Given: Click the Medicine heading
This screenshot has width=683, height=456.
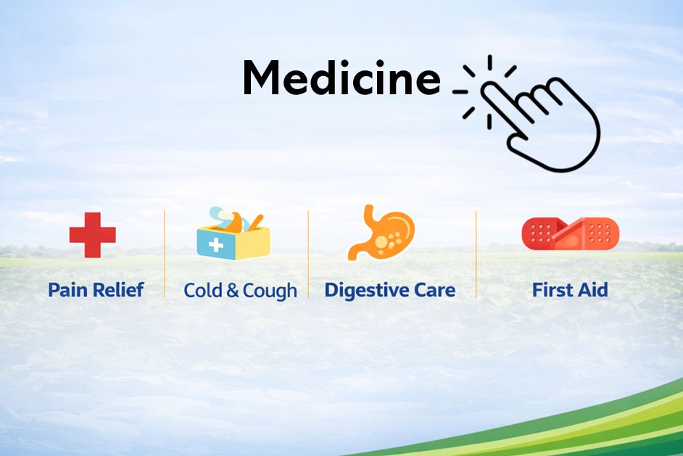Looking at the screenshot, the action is [342, 78].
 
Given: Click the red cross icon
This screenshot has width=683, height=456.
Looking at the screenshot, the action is [92, 235].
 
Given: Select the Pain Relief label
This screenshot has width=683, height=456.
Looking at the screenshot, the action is [96, 290].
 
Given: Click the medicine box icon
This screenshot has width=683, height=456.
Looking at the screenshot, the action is [233, 233].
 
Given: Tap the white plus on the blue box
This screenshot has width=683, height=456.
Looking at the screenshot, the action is [215, 245].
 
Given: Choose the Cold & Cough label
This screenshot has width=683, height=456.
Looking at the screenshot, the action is [241, 291].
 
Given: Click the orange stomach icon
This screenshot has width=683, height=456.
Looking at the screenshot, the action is [381, 233].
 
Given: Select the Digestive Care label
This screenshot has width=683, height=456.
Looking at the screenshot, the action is [390, 291].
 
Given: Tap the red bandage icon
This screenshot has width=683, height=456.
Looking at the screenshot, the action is [570, 234].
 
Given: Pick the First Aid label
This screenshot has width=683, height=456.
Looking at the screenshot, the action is [570, 290].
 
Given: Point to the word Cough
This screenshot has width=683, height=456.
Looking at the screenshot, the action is [270, 291].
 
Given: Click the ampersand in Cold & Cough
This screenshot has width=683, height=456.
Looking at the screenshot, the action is [233, 291].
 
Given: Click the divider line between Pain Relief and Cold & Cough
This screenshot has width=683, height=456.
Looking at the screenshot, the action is [165, 254].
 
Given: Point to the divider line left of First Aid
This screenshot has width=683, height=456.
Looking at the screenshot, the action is [476, 254].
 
